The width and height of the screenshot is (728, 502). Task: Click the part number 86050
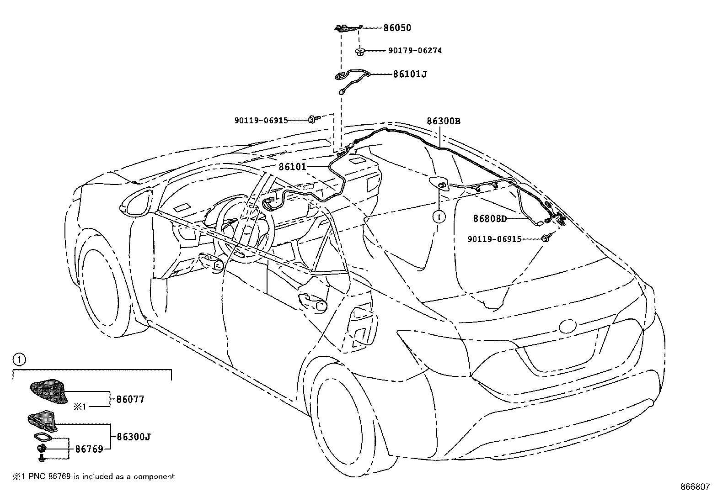tap(397, 28)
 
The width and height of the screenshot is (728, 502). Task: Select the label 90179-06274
tap(415, 51)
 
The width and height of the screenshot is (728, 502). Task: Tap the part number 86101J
tap(410, 74)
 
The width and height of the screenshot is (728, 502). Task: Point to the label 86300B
tap(444, 121)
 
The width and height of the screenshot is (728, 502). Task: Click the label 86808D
tap(490, 219)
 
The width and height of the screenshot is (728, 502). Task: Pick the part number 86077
tap(130, 399)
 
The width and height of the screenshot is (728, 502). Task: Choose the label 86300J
tap(134, 437)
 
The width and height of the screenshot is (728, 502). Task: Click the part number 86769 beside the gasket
tap(89, 449)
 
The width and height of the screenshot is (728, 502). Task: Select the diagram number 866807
tap(695, 487)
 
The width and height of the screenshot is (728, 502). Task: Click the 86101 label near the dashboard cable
tap(293, 167)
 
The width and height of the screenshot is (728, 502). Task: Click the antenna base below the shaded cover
tap(43, 421)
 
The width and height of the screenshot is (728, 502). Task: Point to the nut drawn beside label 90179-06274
tap(359, 51)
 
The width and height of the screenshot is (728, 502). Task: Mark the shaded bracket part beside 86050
tap(348, 28)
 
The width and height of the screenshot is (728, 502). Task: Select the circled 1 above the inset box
tap(19, 359)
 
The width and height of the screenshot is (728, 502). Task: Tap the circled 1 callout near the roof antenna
tap(439, 217)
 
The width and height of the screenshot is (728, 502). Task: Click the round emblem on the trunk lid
tap(568, 325)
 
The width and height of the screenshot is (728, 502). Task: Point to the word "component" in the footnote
tap(155, 477)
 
